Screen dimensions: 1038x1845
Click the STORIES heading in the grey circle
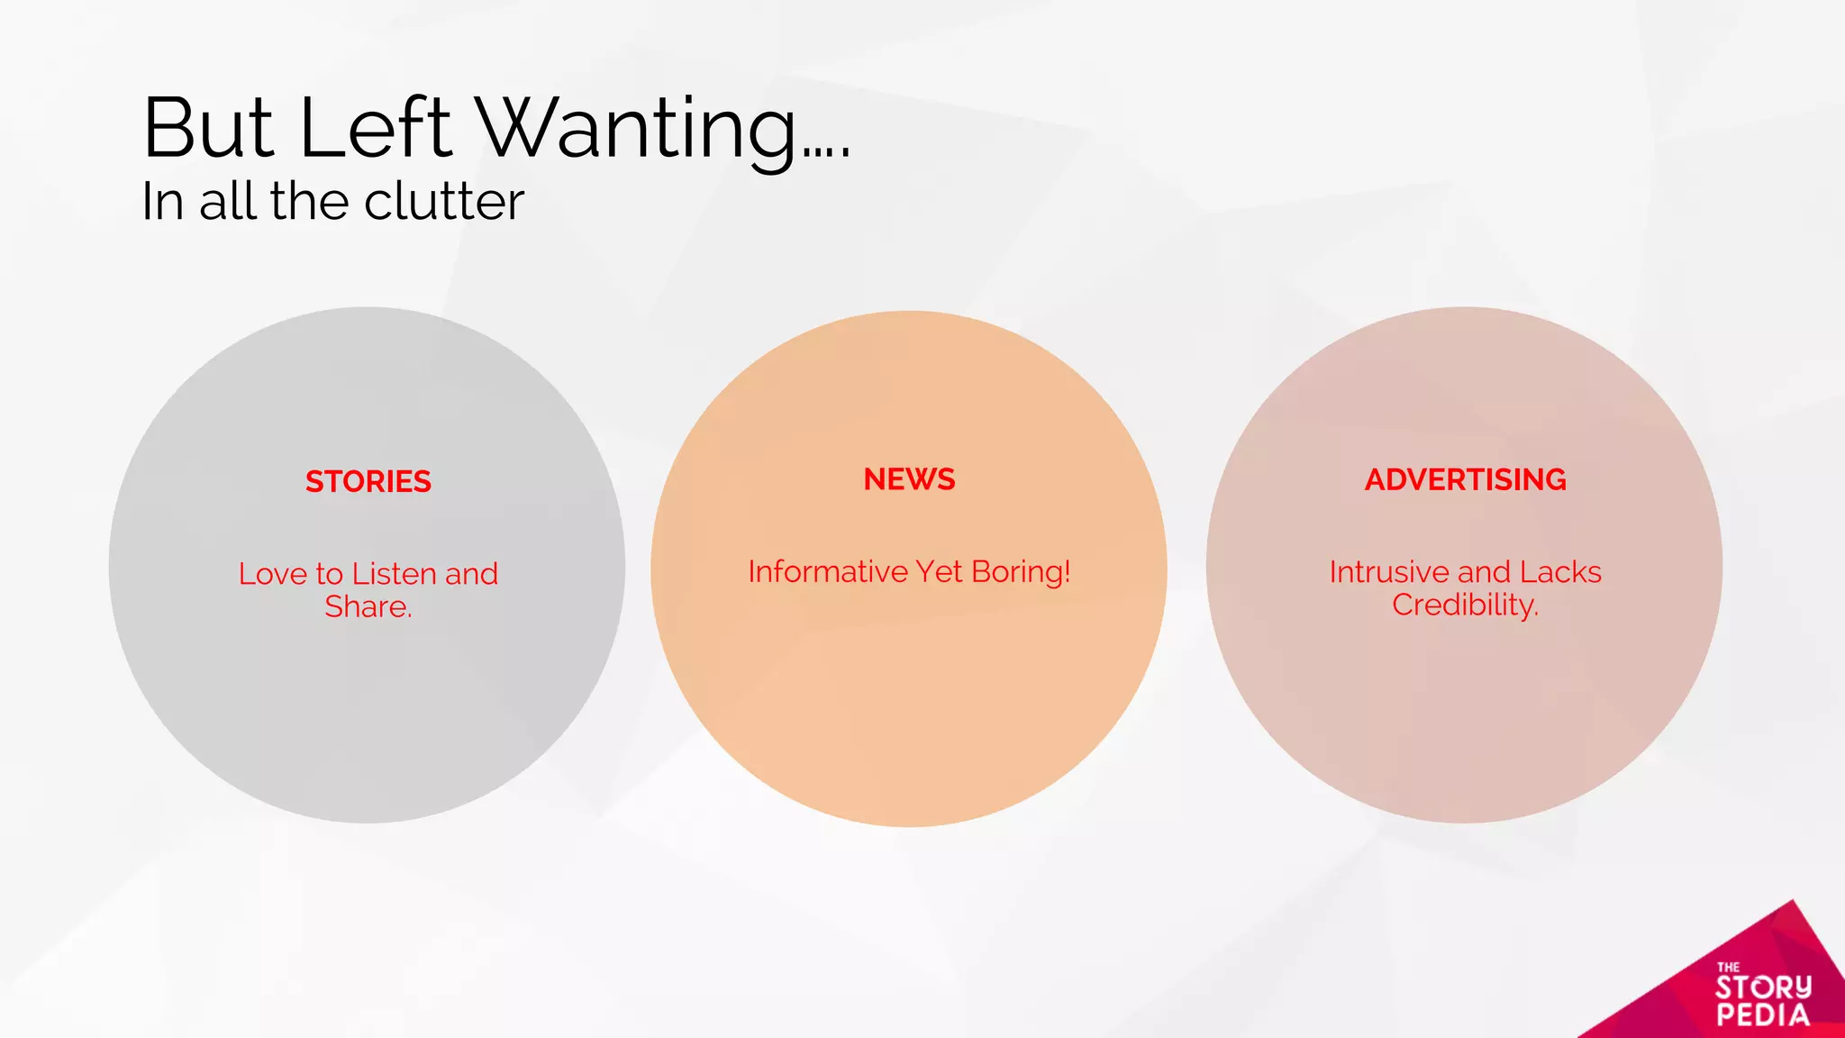coord(368,482)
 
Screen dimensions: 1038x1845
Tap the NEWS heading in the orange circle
coord(909,479)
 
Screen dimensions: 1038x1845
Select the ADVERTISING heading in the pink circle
coord(1465,479)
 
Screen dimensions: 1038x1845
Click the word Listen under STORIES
coord(394,574)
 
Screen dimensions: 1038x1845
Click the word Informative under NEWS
coord(828,572)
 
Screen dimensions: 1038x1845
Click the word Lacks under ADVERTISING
coord(1560,572)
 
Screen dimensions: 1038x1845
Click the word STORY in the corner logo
coord(1763,988)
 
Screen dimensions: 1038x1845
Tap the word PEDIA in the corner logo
coord(1763,1015)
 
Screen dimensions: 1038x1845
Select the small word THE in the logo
coord(1728,967)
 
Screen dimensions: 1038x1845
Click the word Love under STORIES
coord(273,574)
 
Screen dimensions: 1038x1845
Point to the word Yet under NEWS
coord(940,572)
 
